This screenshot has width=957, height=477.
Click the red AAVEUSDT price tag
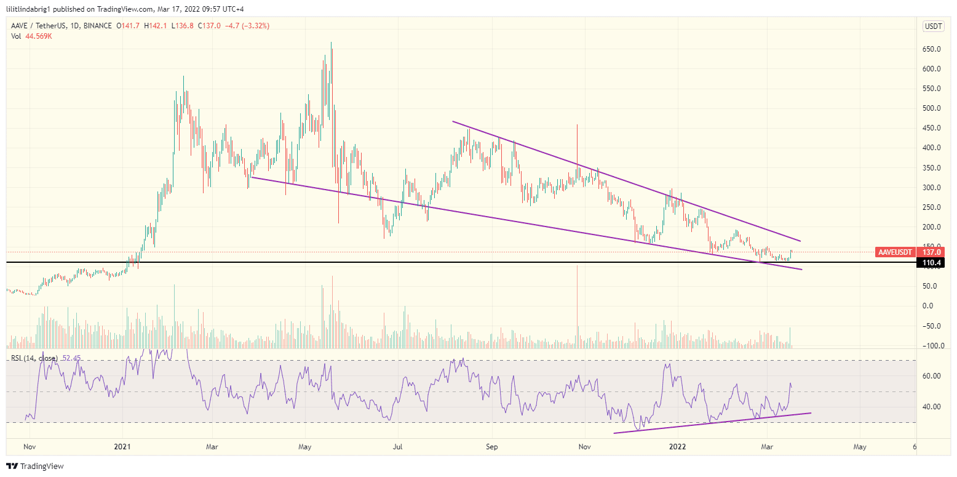(x=895, y=252)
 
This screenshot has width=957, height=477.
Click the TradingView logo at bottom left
(x=35, y=466)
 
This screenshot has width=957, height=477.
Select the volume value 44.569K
(x=38, y=36)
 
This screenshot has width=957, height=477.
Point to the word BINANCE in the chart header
(x=97, y=26)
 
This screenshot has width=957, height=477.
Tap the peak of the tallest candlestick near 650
(x=332, y=42)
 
